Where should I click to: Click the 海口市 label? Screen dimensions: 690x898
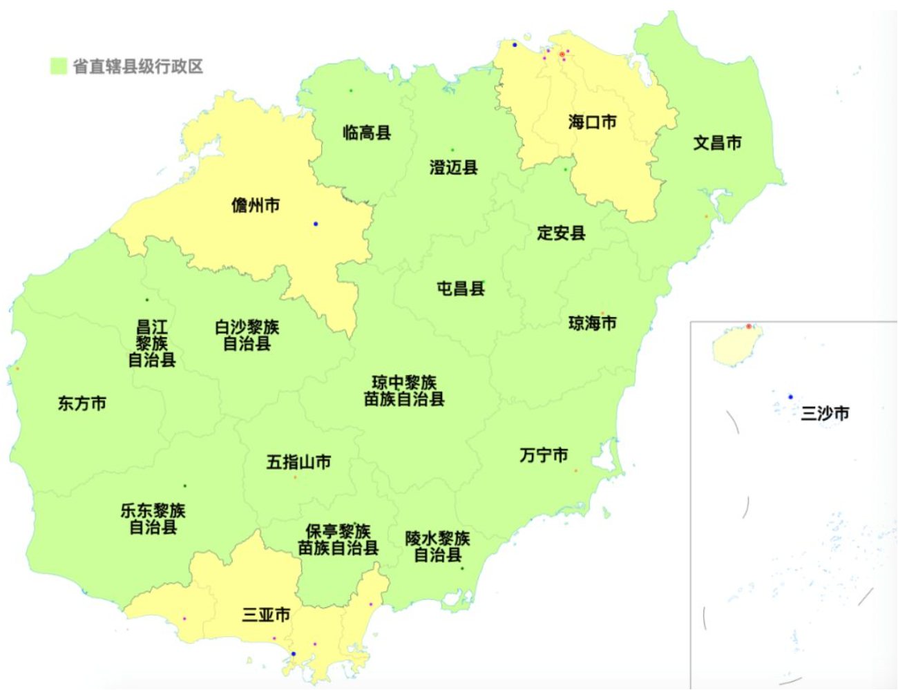coord(592,122)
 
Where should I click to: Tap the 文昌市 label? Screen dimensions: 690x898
coord(717,143)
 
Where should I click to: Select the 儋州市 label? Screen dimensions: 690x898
coord(256,205)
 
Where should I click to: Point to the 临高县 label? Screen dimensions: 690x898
coord(367,132)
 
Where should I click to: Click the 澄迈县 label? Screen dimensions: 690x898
coord(453,167)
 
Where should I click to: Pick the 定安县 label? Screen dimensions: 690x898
coord(561,233)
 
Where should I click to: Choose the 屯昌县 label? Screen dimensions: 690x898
coord(461,288)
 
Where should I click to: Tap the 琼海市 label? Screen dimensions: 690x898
coord(592,323)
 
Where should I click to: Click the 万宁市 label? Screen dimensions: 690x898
coord(544,455)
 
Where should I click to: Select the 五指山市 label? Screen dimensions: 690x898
coord(298,461)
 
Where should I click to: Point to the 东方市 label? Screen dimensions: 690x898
coord(82,403)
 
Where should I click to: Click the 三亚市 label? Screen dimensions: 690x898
coord(266,614)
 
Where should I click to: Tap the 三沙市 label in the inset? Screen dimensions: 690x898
coord(825,413)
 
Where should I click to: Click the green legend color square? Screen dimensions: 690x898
coord(59,66)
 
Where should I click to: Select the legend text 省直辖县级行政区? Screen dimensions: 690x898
coord(138,66)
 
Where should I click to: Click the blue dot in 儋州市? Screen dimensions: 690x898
coord(316,224)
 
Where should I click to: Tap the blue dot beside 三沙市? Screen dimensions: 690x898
coord(791,397)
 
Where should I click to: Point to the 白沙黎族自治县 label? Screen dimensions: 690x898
coord(247,335)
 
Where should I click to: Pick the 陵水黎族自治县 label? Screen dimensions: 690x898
coord(437,546)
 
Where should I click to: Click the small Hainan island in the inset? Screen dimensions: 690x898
coord(736,345)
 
